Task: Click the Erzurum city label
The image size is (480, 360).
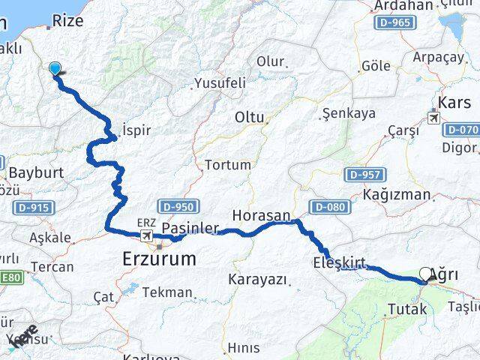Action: click(159, 259)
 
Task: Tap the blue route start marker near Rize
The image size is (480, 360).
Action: click(55, 69)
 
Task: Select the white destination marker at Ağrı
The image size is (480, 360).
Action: click(426, 275)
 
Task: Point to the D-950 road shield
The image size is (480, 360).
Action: click(177, 206)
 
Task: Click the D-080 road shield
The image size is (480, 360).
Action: click(327, 206)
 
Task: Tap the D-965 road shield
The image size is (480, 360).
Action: click(393, 22)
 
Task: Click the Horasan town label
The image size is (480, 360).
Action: click(260, 215)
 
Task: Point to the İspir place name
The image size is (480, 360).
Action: click(135, 130)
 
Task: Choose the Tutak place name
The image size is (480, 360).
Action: click(407, 308)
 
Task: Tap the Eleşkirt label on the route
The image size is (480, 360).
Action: click(339, 262)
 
